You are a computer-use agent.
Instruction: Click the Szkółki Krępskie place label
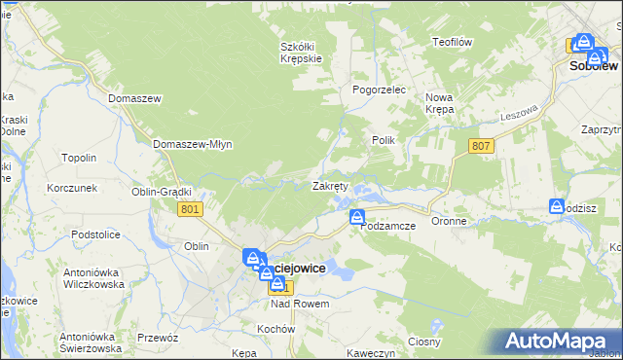301,52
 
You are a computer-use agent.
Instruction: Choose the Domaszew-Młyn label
193,144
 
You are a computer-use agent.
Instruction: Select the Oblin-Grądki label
162,192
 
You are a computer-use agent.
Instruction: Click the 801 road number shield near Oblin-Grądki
191,209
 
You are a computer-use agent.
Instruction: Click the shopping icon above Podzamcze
357,216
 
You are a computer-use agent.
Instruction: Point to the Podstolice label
101,234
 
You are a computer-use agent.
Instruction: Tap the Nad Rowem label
300,304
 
